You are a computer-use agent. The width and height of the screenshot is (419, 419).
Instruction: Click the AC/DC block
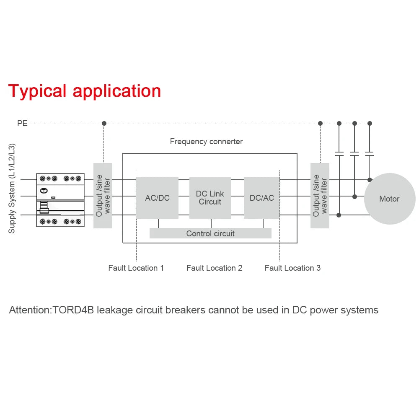(157, 198)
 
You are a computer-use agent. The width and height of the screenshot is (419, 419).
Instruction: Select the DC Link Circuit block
(210, 198)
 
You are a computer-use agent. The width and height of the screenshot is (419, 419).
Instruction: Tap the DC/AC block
(262, 198)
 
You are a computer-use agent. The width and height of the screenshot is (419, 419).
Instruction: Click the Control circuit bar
(210, 233)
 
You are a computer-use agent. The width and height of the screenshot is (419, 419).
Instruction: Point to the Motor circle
(389, 199)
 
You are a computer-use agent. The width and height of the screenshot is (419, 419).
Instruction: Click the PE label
(22, 124)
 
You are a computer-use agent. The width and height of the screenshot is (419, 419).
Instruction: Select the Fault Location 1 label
(136, 268)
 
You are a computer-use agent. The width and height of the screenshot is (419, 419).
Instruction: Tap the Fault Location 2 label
(214, 268)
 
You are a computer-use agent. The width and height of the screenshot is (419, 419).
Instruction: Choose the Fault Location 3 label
(292, 268)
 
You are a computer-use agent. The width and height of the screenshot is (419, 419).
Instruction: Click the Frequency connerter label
(206, 142)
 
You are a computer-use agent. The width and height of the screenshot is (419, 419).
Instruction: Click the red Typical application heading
(85, 91)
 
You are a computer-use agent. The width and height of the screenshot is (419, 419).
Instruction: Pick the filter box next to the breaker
(103, 196)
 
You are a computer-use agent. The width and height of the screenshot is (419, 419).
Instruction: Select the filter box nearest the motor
(320, 196)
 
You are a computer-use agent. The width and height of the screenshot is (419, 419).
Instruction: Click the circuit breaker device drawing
(60, 200)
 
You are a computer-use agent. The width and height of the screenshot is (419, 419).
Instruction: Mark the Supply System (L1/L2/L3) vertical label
(12, 189)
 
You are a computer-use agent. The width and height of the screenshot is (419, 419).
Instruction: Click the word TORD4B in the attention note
(74, 310)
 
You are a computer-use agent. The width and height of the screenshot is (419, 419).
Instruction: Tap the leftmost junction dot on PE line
(104, 123)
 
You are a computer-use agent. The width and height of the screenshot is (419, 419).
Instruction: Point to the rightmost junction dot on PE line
(370, 123)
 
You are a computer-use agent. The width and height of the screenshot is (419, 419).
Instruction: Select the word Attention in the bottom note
(29, 310)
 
